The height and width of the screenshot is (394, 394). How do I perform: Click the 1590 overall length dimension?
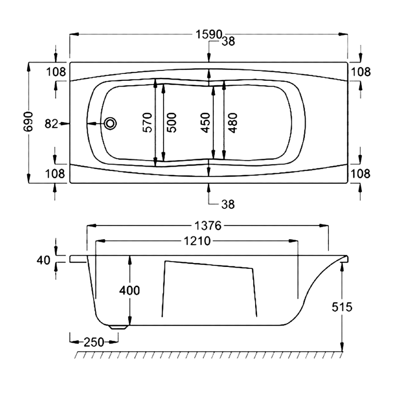click(209, 34)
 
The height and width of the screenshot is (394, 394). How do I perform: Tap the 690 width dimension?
click(28, 122)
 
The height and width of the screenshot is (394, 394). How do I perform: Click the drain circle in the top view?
click(110, 124)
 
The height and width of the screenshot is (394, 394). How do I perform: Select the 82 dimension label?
click(51, 124)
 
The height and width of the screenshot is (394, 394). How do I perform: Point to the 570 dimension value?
click(147, 122)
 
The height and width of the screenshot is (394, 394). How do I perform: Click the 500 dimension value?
click(171, 122)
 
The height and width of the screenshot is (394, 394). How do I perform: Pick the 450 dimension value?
click(205, 123)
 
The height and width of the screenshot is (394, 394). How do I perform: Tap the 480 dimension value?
click(232, 123)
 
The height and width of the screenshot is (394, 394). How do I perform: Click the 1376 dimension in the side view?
click(208, 226)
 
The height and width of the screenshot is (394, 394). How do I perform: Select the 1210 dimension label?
click(197, 241)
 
